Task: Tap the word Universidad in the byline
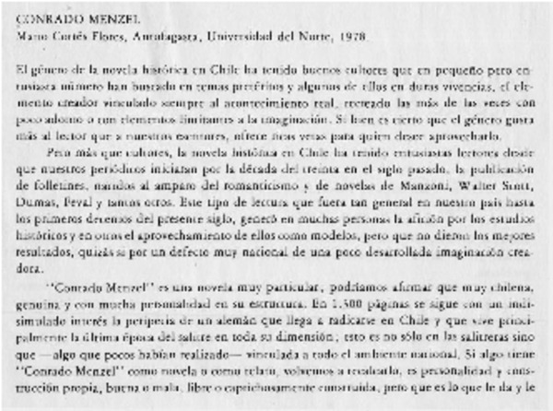pyautogui.click(x=239, y=37)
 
